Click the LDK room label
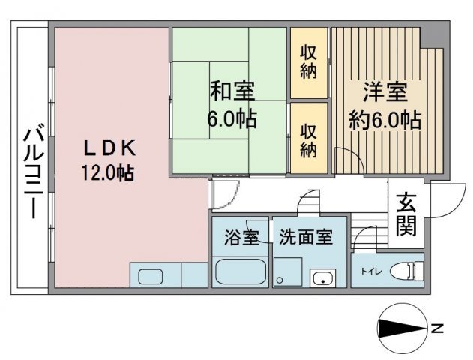tap(109, 148)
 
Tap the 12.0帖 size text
tap(108, 173)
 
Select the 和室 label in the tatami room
tap(232, 91)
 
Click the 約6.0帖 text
tap(385, 120)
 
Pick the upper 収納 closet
tap(309, 63)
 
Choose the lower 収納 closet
tap(309, 139)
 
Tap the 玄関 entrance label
tap(406, 214)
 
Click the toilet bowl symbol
tap(406, 271)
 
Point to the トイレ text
tap(371, 271)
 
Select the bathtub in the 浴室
tap(240, 271)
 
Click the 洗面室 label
tap(306, 237)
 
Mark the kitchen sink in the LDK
tap(151, 277)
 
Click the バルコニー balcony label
tap(34, 169)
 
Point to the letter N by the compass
tap(438, 328)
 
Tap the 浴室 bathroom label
tap(241, 237)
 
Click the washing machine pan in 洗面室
tap(288, 271)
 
